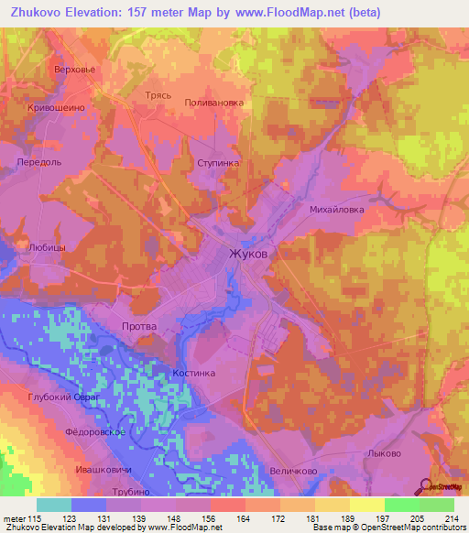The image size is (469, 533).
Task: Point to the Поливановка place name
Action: pyautogui.click(x=214, y=103)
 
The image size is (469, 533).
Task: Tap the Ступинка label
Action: pyautogui.click(x=218, y=162)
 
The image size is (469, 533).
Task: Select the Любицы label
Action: pyautogui.click(x=48, y=247)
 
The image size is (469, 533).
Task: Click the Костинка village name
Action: pyautogui.click(x=193, y=374)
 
